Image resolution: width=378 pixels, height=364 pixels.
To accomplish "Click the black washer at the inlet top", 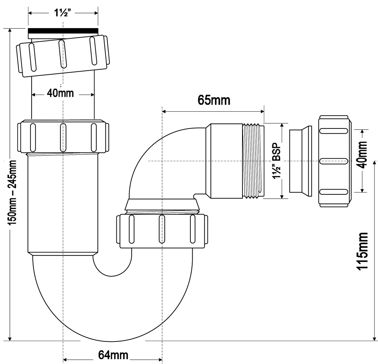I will [63, 31].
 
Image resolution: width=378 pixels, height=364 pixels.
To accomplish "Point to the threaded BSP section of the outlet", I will [253, 161].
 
